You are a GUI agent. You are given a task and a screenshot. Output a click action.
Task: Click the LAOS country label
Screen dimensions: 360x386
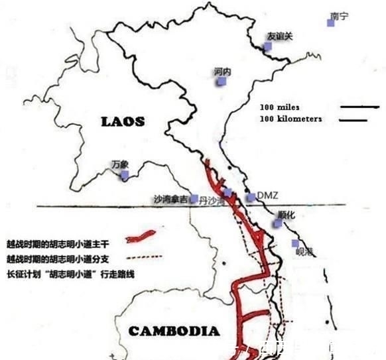pos(123,121)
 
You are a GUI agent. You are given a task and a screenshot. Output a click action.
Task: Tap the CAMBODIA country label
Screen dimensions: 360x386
pos(173,331)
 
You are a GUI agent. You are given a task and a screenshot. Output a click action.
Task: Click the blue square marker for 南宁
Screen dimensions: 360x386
pos(331,23)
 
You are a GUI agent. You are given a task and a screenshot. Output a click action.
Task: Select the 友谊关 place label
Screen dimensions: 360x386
pos(279,36)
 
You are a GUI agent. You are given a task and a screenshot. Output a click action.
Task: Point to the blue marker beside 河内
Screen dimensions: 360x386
pos(222,81)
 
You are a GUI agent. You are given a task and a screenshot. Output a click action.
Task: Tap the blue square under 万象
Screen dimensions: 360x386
pos(125,175)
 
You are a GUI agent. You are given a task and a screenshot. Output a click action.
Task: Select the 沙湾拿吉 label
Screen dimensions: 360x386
pos(170,198)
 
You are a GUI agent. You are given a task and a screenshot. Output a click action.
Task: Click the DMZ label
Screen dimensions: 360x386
pos(267,195)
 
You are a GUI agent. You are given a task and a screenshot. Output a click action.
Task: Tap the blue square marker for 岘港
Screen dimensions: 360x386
pos(296,243)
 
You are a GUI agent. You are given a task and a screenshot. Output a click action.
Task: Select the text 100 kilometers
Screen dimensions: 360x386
pos(291,119)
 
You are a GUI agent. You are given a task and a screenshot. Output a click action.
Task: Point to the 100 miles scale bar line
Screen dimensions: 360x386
pos(359,107)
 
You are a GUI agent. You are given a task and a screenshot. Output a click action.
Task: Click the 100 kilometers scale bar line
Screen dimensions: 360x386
pos(354,120)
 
